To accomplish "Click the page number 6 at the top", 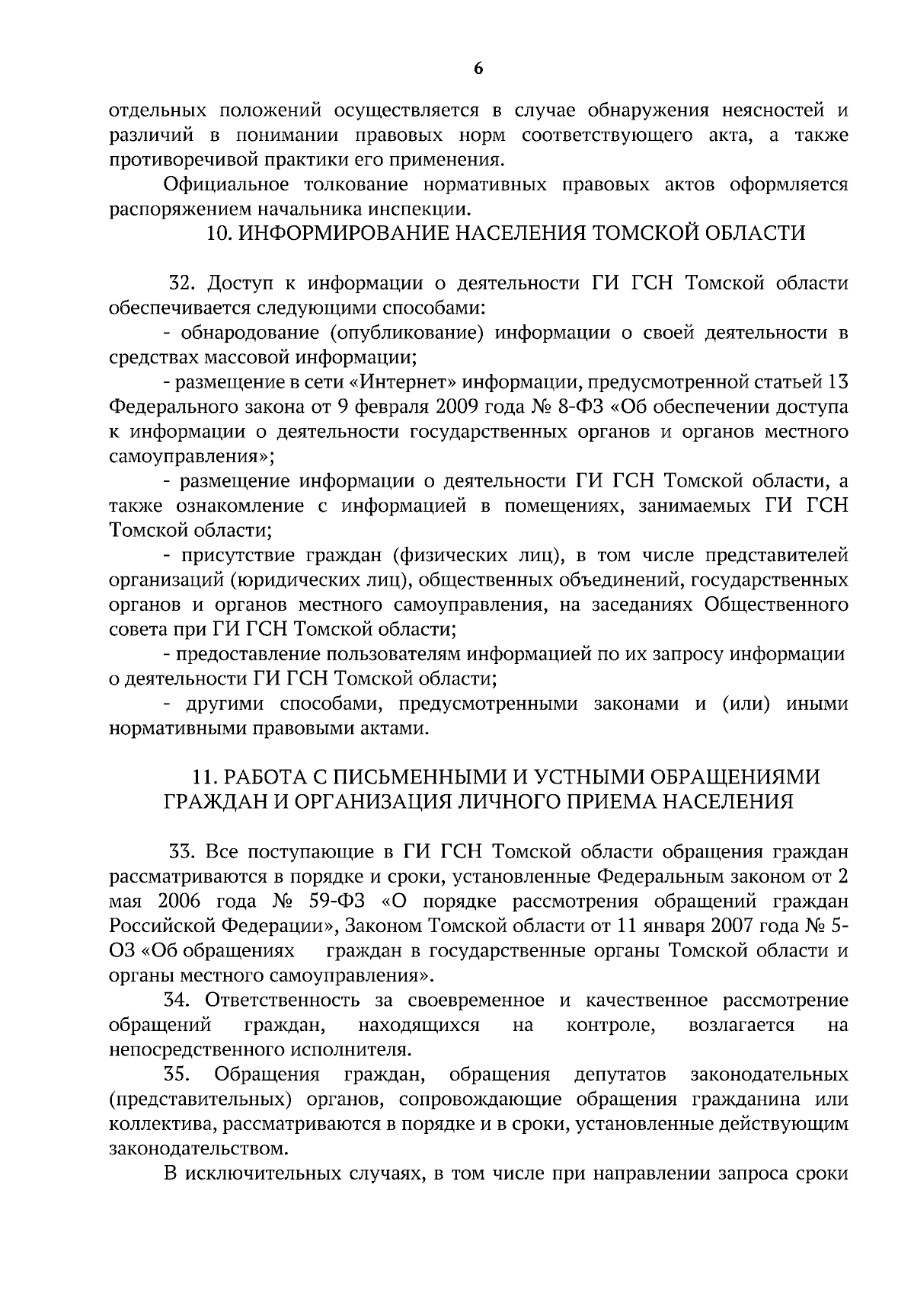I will click(478, 69).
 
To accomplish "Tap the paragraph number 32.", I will click(184, 284).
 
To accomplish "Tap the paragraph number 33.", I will click(184, 852).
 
